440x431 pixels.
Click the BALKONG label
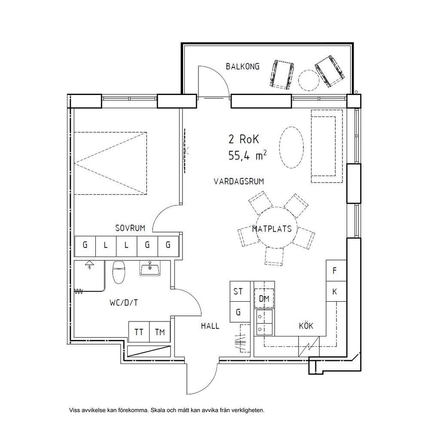click(x=243, y=67)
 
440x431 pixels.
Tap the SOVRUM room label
click(x=130, y=228)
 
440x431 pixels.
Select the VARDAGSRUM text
click(x=239, y=181)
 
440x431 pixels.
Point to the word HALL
click(x=210, y=326)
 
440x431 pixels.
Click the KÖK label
click(x=306, y=326)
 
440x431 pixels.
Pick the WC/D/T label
click(x=123, y=303)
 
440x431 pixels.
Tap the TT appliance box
click(x=139, y=332)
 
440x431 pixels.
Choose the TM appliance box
click(x=160, y=332)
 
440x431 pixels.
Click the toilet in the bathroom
click(x=119, y=272)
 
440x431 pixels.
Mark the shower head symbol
click(x=89, y=264)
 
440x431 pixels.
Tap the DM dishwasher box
click(x=264, y=299)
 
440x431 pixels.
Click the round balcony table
click(x=309, y=80)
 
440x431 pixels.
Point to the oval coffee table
click(x=292, y=147)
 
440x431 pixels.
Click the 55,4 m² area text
click(x=247, y=156)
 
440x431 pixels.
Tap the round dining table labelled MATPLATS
click(x=277, y=228)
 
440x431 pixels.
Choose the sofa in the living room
click(x=327, y=146)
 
